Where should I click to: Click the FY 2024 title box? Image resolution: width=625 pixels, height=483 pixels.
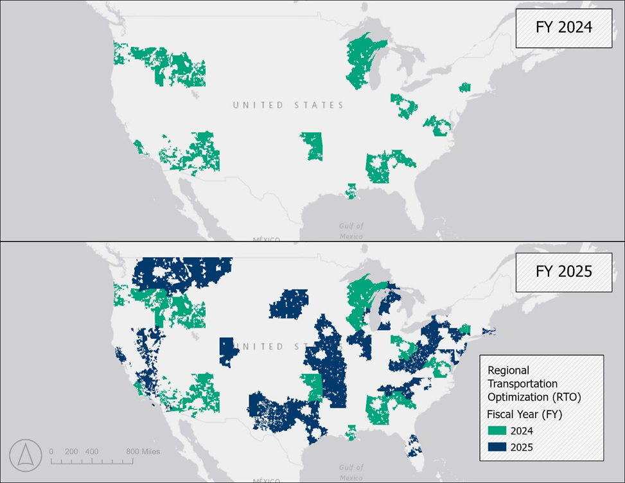pyautogui.click(x=564, y=28)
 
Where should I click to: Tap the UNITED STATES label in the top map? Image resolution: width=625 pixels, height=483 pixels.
pyautogui.click(x=288, y=105)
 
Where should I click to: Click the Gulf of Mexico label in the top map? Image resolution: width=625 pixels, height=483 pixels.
pyautogui.click(x=351, y=231)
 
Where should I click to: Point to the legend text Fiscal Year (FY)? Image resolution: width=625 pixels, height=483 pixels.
pyautogui.click(x=525, y=414)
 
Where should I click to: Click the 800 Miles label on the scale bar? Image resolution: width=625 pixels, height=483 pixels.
pyautogui.click(x=143, y=451)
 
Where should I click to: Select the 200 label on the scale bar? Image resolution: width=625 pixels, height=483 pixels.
pyautogui.click(x=71, y=451)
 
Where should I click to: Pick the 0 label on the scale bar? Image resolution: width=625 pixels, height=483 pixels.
pyautogui.click(x=51, y=451)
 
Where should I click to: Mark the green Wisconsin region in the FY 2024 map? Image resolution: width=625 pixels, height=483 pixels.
pyautogui.click(x=364, y=63)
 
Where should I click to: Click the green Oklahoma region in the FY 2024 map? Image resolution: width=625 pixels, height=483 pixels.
pyautogui.click(x=313, y=146)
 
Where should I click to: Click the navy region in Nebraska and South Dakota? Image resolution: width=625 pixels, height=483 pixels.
pyautogui.click(x=289, y=303)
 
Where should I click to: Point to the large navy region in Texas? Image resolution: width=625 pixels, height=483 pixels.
pyautogui.click(x=276, y=411)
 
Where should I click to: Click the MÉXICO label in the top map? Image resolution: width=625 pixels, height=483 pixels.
pyautogui.click(x=265, y=240)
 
